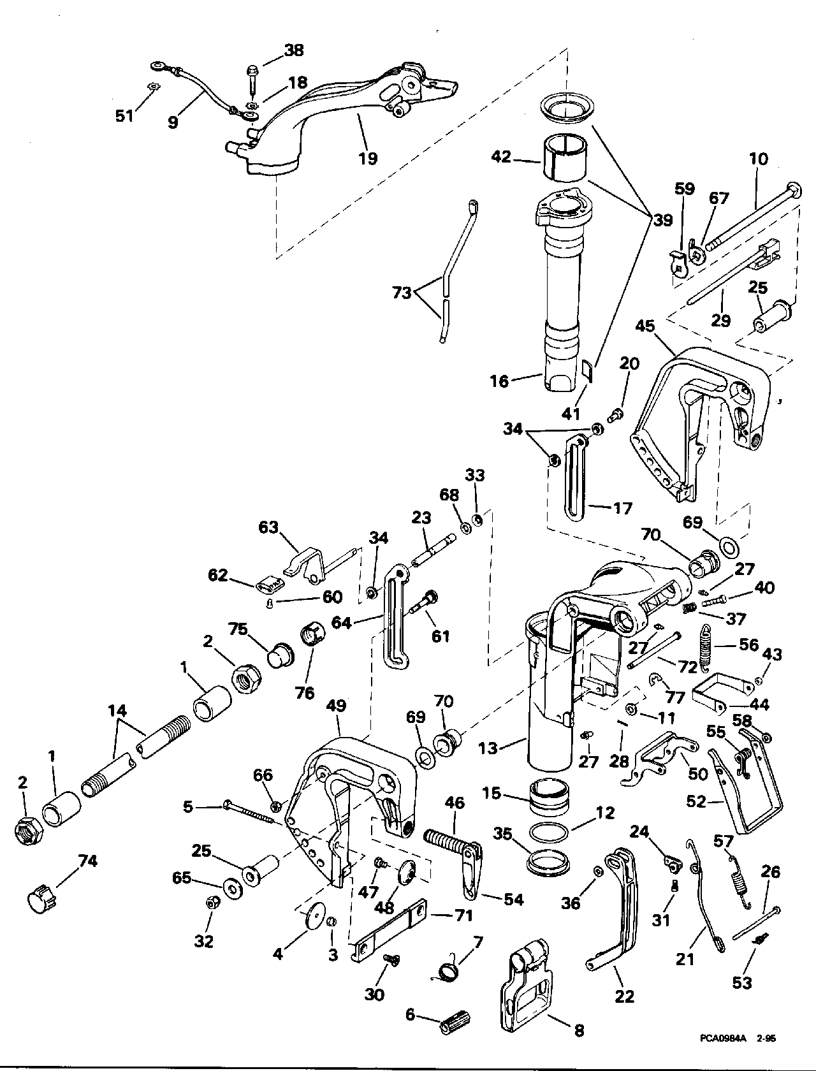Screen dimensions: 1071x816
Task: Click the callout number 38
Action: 294,50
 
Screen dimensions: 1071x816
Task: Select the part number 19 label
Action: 368,157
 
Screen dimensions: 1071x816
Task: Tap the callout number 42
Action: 502,156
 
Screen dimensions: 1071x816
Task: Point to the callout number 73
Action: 403,293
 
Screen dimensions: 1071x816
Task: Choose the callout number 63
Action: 268,528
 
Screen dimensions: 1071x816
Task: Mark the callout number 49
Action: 336,706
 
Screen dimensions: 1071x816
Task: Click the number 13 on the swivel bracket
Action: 488,747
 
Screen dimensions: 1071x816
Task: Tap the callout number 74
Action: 87,861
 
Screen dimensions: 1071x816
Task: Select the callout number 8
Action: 579,1030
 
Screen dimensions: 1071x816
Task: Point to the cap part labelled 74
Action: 41,898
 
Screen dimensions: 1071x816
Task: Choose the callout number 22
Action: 624,996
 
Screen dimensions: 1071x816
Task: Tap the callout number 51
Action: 125,115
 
